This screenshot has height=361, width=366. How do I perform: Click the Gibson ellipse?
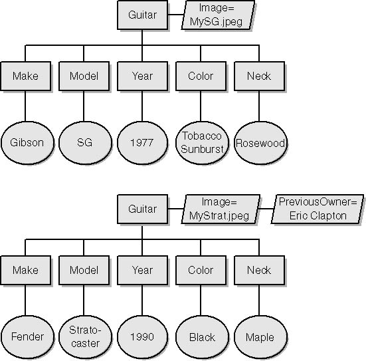pyautogui.click(x=27, y=142)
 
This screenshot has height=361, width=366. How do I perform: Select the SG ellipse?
pyautogui.click(x=85, y=142)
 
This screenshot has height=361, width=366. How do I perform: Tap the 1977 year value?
pyautogui.click(x=142, y=142)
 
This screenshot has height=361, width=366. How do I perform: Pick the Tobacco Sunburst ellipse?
pyautogui.click(x=202, y=142)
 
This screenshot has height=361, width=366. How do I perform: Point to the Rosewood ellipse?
pyautogui.click(x=260, y=142)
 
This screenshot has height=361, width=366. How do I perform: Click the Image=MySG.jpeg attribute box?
pyautogui.click(x=218, y=15)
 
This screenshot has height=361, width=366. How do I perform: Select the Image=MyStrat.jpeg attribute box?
pyautogui.click(x=221, y=209)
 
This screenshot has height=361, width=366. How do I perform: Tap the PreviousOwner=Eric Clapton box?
pyautogui.click(x=318, y=209)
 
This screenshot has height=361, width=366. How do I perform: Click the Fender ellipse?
pyautogui.click(x=27, y=336)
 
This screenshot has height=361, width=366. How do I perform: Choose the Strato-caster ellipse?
pyautogui.click(x=85, y=336)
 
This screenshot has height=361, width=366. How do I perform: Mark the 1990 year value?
pyautogui.click(x=142, y=336)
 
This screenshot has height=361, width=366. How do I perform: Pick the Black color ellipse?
pyautogui.click(x=202, y=336)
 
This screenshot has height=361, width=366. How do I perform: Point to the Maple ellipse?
pyautogui.click(x=260, y=336)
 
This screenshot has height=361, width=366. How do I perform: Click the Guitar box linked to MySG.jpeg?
pyautogui.click(x=142, y=15)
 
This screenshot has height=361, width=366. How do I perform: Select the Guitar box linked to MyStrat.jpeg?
pyautogui.click(x=142, y=209)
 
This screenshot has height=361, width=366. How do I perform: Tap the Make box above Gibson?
pyautogui.click(x=25, y=76)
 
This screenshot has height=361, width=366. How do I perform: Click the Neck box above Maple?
pyautogui.click(x=259, y=270)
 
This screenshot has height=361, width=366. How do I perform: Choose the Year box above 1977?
pyautogui.click(x=142, y=76)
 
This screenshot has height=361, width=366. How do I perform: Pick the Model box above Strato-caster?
pyautogui.click(x=84, y=270)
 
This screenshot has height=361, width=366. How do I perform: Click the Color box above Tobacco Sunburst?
pyautogui.click(x=201, y=76)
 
